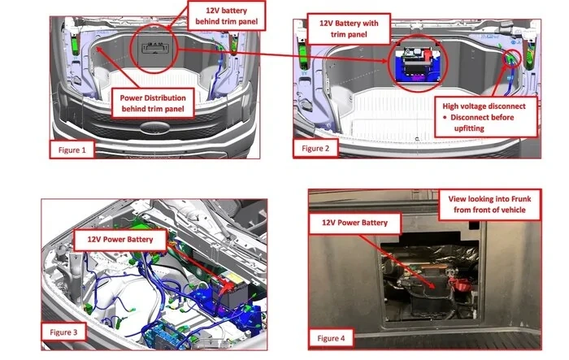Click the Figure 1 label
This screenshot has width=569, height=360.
coord(72,150)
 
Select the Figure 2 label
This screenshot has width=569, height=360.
coord(315,149)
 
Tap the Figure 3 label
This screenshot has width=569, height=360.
coord(63,332)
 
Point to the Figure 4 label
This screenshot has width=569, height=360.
coord(331,338)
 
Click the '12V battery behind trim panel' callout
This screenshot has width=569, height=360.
coord(227,16)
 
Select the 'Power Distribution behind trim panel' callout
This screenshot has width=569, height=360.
coord(153,103)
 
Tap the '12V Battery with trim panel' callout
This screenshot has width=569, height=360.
coord(349,28)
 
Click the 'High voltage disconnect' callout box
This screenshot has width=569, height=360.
coord(485,117)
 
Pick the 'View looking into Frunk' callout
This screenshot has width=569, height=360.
coord(489,204)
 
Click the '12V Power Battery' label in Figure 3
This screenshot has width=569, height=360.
coord(120,240)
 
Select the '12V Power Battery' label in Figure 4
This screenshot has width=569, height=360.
coord(354,223)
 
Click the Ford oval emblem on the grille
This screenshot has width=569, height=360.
coord(155,128)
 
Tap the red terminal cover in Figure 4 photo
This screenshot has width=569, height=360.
coord(460,285)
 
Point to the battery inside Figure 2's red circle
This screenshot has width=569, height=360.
coord(417,63)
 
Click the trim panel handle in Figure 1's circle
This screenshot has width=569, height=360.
coord(155,48)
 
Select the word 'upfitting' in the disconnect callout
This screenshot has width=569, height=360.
coord(469,128)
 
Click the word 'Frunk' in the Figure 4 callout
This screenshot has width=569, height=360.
coord(521,199)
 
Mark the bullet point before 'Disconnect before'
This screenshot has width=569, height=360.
coord(445,117)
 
